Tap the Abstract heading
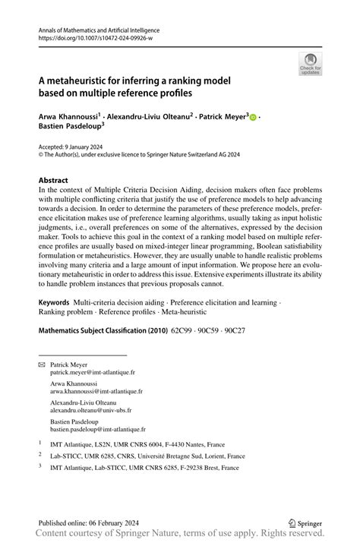click(x=57, y=181)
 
